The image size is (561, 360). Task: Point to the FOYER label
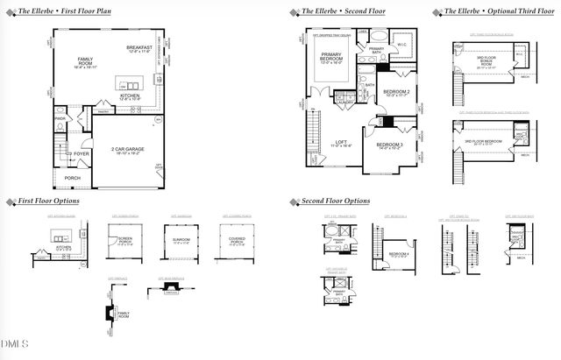tap(82, 153)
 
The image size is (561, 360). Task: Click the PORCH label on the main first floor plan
tap(72, 178)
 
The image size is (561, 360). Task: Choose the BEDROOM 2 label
tap(396, 91)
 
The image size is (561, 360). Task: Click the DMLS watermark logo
tap(15, 342)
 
